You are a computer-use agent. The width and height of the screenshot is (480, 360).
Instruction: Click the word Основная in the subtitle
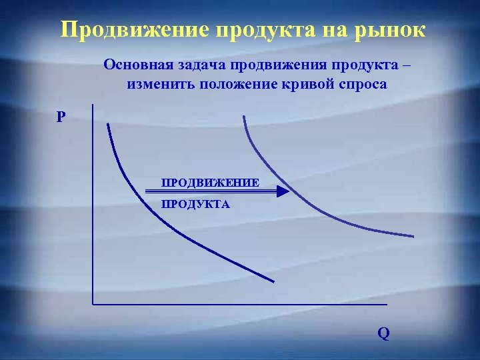(x=137, y=67)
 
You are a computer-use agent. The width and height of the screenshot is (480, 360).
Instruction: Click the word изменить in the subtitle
(x=157, y=85)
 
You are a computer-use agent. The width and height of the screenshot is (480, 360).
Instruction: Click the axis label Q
(x=383, y=333)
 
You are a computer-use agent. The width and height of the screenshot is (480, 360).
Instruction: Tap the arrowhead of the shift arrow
(x=283, y=191)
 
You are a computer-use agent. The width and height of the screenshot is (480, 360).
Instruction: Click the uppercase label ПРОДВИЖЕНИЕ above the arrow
(x=209, y=182)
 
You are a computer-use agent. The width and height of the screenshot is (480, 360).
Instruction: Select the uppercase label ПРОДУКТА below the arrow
(x=195, y=205)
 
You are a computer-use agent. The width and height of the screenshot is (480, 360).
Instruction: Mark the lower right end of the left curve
(x=273, y=281)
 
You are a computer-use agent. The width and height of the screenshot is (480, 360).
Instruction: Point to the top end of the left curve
(x=107, y=124)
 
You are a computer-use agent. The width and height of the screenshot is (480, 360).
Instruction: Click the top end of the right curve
(x=244, y=117)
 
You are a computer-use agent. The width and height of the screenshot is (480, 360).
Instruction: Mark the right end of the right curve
(x=413, y=235)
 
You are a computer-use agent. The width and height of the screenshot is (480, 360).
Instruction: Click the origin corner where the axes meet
(x=93, y=304)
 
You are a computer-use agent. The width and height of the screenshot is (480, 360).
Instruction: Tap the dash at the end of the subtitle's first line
(x=407, y=67)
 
